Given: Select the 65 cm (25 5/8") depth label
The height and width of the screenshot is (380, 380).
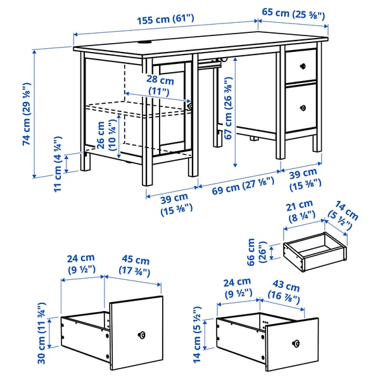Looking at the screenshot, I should (294, 13).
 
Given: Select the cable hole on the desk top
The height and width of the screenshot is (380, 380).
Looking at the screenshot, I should (146, 43).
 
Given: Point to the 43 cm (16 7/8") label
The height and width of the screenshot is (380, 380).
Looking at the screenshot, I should (284, 287).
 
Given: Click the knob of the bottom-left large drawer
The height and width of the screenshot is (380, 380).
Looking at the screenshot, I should (141, 334).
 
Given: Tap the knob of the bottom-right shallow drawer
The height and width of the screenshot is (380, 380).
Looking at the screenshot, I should (294, 343).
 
